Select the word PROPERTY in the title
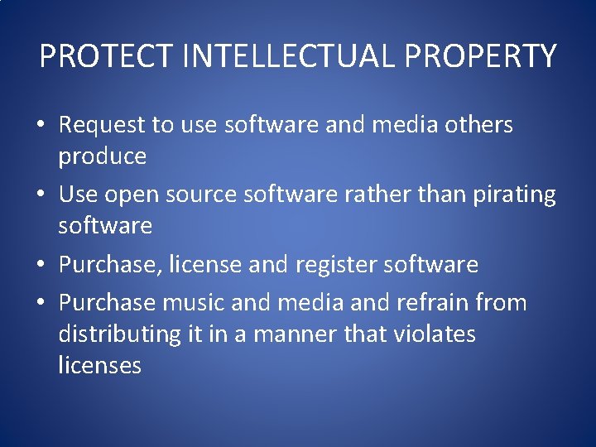pyautogui.click(x=488, y=56)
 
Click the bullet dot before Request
pyautogui.click(x=40, y=126)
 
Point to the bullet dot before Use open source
pyautogui.click(x=40, y=195)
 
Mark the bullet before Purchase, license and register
pyautogui.click(x=40, y=266)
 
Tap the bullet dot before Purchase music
pyautogui.click(x=40, y=303)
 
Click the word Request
pyautogui.click(x=103, y=125)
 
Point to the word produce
pyautogui.click(x=102, y=156)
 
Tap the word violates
pyautogui.click(x=435, y=334)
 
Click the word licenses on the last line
pyautogui.click(x=99, y=365)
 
